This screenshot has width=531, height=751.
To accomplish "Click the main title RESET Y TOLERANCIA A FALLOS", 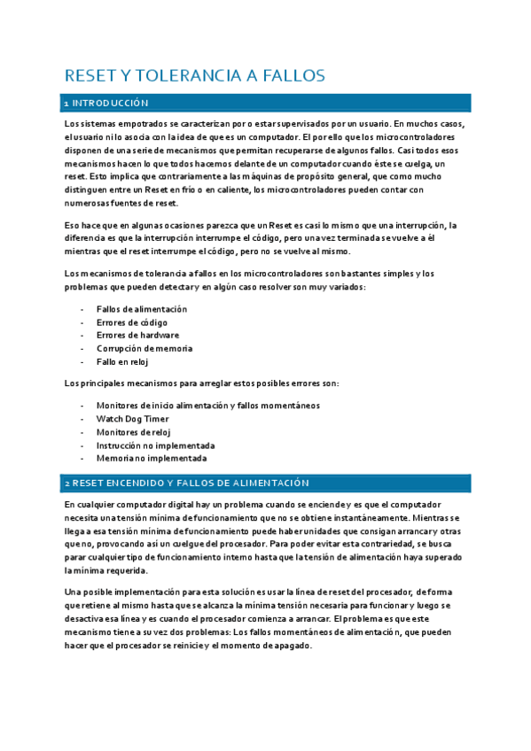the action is [195, 75].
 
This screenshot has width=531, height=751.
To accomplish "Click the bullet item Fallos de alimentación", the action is [141, 309].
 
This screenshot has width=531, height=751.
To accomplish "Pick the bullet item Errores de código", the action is [131, 322].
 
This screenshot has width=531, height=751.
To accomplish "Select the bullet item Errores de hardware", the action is [137, 336].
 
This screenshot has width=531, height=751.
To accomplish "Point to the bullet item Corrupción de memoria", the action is [143, 349].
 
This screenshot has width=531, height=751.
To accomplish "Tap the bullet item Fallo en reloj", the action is [122, 362].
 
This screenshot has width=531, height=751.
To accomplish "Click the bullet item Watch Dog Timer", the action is [132, 419].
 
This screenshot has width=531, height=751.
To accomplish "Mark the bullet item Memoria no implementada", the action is [151, 459].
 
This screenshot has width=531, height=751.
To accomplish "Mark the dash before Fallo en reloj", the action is [82, 362].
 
